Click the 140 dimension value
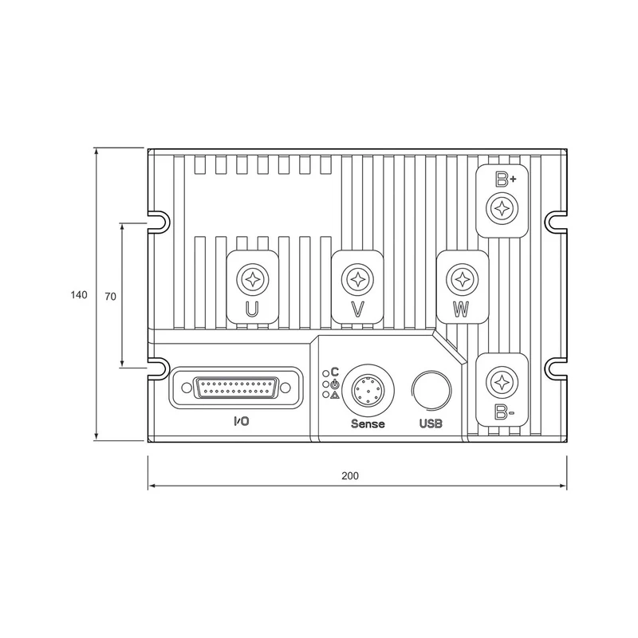(79, 294)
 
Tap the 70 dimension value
(110, 297)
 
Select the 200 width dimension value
(350, 475)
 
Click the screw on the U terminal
(253, 280)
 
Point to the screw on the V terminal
(357, 280)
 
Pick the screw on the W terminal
(463, 280)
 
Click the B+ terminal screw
(502, 209)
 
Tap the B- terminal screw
(502, 383)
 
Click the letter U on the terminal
(252, 309)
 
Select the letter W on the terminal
(461, 309)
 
